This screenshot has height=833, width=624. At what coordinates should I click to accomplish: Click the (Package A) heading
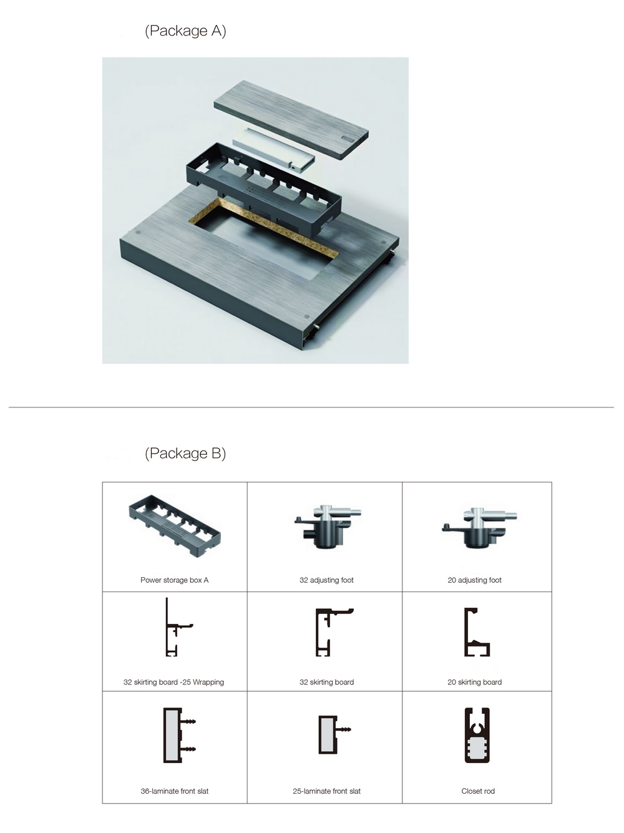(185, 31)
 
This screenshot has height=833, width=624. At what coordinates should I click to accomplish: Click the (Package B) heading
(185, 453)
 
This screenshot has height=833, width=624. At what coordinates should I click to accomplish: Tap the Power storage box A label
(175, 580)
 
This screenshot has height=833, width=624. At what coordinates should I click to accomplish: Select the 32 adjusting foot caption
(326, 580)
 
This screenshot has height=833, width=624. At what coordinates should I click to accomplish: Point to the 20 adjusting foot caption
(474, 580)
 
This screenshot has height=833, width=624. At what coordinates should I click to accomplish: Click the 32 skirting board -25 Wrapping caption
(173, 682)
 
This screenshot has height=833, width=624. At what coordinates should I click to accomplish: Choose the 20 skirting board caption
(474, 682)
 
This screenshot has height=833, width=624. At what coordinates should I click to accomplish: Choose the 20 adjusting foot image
(479, 528)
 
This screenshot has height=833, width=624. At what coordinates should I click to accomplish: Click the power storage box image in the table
(175, 526)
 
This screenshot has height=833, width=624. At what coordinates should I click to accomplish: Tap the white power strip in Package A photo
(273, 150)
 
